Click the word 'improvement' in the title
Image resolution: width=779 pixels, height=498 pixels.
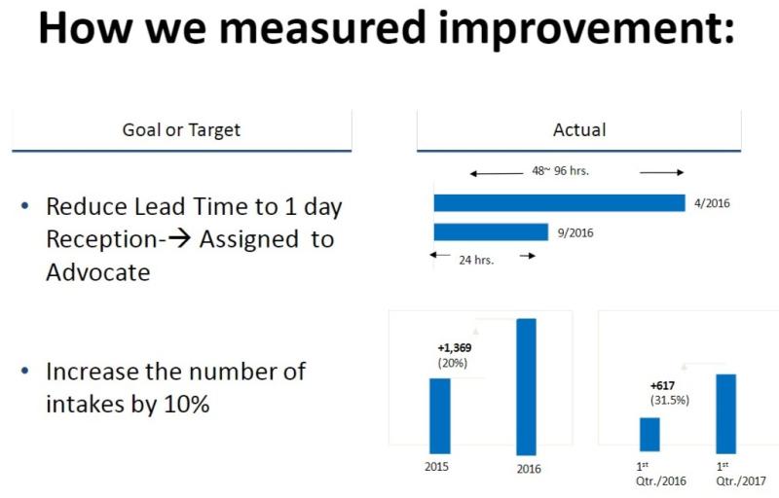click(586, 29)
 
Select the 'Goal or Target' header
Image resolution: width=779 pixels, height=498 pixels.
click(181, 130)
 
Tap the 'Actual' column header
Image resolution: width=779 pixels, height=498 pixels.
click(579, 130)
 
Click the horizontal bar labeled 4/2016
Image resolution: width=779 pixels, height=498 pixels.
click(559, 203)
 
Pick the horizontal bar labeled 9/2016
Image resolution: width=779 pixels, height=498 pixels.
click(491, 232)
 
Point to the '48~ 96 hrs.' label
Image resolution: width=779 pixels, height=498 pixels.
click(560, 171)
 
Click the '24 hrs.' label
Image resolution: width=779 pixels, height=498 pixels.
click(476, 260)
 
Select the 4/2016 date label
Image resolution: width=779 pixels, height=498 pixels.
click(712, 203)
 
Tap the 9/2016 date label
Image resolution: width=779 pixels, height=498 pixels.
click(575, 233)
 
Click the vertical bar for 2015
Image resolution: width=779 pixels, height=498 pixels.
click(440, 415)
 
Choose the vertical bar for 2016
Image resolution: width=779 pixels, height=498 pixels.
click(527, 386)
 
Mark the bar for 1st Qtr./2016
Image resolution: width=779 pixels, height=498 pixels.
click(649, 435)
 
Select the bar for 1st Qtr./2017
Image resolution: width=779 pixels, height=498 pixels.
click(725, 413)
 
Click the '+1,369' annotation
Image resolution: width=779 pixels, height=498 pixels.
click(455, 347)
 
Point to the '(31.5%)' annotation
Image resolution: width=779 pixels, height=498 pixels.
click(670, 400)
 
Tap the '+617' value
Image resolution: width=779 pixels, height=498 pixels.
click(663, 385)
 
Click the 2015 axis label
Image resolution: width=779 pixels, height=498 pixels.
click(436, 467)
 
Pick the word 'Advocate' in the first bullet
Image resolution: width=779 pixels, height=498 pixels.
click(98, 272)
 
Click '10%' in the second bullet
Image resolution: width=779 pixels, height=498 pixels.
click(187, 405)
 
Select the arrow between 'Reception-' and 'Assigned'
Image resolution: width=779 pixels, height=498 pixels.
click(179, 238)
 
